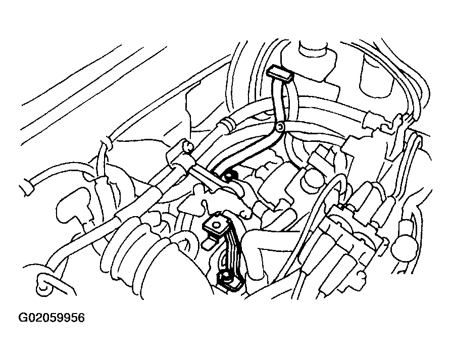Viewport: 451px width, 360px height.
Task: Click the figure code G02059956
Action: click(52, 318)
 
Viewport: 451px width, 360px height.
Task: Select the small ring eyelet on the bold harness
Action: click(280, 127)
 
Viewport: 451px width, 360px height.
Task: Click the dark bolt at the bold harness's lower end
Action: click(230, 176)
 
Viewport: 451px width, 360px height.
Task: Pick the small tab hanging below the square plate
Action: click(209, 243)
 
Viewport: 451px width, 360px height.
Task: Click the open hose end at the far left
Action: click(28, 187)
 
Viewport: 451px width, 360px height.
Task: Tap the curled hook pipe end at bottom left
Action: click(43, 283)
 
